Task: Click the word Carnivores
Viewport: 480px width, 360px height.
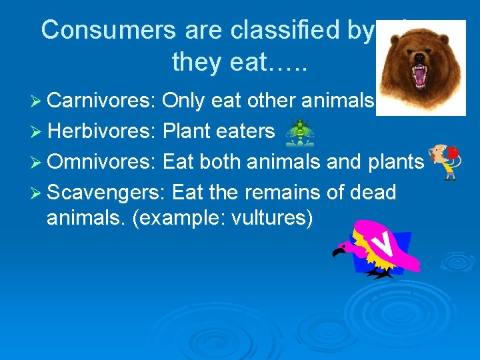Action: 101,100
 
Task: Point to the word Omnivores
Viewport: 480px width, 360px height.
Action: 102,161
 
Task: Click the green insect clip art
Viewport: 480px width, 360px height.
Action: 301,131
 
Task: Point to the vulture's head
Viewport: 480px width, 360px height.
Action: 341,249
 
